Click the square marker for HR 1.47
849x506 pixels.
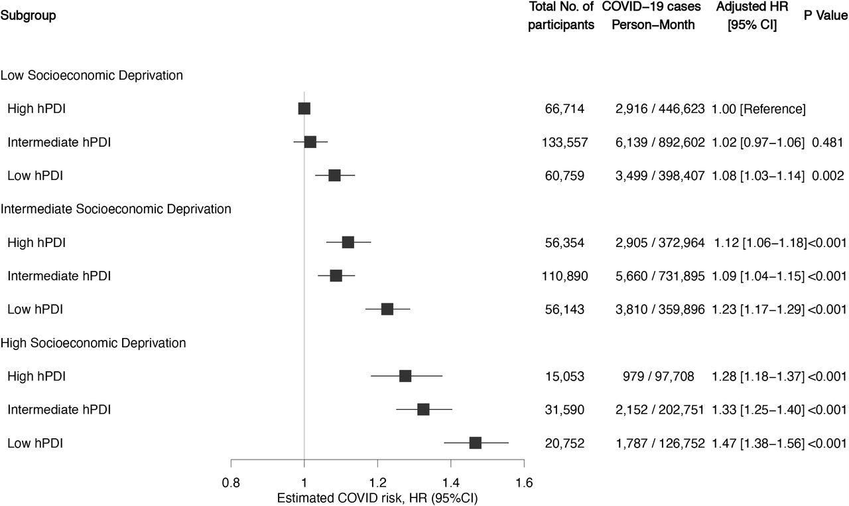click(x=476, y=443)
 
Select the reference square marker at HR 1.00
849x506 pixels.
click(x=304, y=108)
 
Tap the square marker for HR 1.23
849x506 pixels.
click(x=387, y=309)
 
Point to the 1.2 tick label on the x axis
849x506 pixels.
click(x=377, y=483)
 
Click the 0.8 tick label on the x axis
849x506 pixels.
click(x=231, y=483)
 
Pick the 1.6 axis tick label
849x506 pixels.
click(x=524, y=483)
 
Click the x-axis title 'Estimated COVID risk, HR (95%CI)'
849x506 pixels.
click(x=377, y=498)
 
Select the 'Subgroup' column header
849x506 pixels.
click(x=28, y=16)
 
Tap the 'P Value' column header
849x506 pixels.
click(x=826, y=15)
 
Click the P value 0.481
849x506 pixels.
click(x=827, y=142)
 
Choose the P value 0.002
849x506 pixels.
click(x=828, y=175)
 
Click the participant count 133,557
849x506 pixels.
click(x=564, y=143)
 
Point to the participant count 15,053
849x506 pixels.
click(x=564, y=377)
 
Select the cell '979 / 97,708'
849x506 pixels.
click(x=659, y=377)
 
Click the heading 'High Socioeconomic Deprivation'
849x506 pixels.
click(x=94, y=343)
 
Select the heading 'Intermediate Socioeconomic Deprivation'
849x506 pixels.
click(x=115, y=209)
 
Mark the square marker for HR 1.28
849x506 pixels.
click(x=405, y=376)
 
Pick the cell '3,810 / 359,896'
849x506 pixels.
click(x=660, y=309)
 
